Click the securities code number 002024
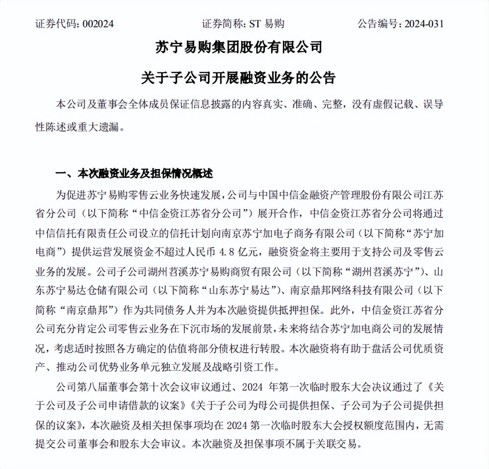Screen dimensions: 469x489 click(98, 24)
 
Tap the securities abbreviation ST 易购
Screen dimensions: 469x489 click(267, 24)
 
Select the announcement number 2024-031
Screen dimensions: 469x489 click(424, 24)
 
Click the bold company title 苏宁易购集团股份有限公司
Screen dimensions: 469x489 click(239, 47)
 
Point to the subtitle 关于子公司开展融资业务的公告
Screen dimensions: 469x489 click(238, 78)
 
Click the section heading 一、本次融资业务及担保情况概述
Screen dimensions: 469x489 click(134, 174)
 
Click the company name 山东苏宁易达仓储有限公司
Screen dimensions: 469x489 click(92, 291)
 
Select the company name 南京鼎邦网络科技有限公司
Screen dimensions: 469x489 click(351, 291)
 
